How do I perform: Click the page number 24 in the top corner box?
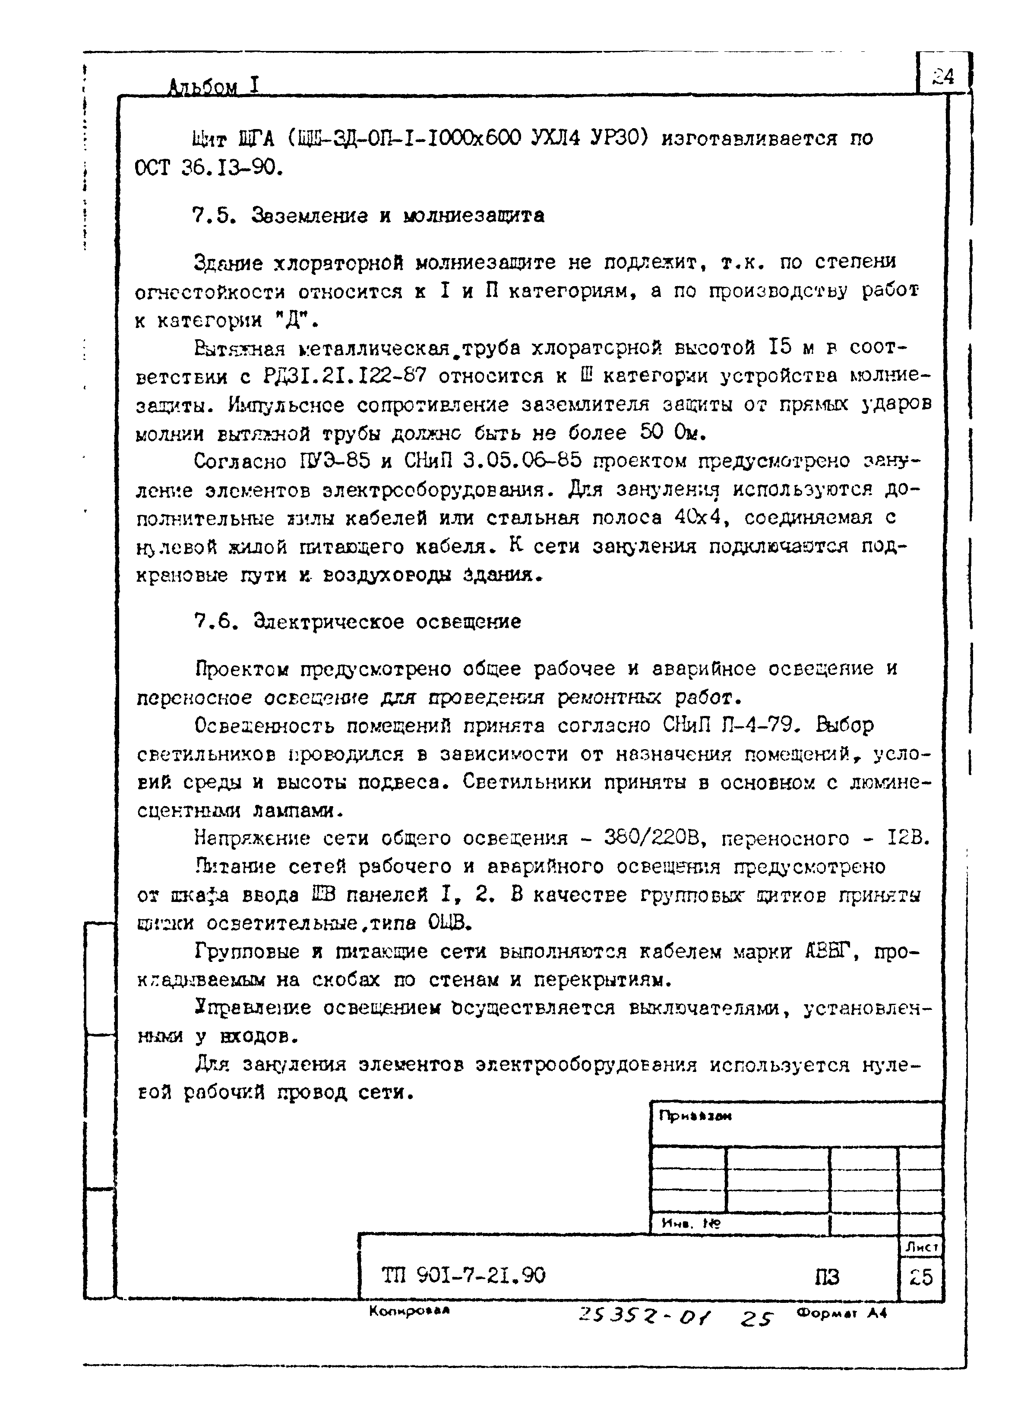[943, 77]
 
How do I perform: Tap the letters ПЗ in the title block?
[827, 1277]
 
